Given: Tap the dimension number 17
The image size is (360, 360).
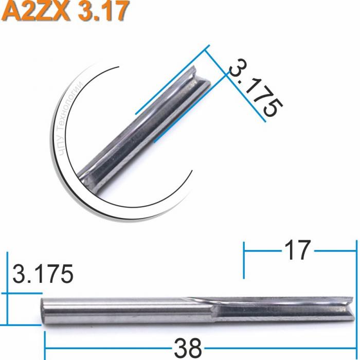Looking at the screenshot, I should click(297, 250).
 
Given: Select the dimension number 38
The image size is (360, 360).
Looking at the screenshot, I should click(188, 348).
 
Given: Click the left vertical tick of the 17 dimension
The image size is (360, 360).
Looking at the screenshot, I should click(244, 260).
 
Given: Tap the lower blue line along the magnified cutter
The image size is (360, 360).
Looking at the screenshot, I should click(190, 108).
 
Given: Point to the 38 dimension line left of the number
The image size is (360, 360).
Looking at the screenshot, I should click(108, 348).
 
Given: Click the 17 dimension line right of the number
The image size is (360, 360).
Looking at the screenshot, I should click(334, 251).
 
